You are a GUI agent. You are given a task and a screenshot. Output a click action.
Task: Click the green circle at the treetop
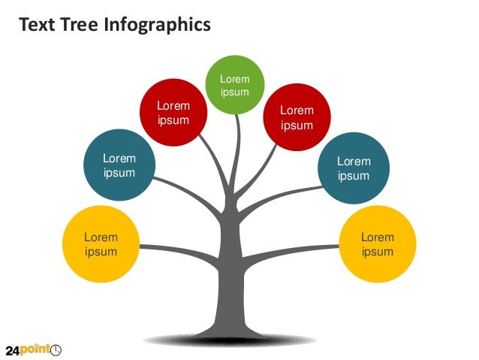pyautogui.click(x=235, y=84)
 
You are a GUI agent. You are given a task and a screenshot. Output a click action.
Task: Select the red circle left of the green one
pyautogui.click(x=173, y=113)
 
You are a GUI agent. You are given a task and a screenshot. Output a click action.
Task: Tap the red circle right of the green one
pyautogui.click(x=297, y=116)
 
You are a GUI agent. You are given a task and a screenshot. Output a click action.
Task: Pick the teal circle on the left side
pyautogui.click(x=119, y=165)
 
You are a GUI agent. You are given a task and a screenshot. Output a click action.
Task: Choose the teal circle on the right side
pyautogui.click(x=354, y=168)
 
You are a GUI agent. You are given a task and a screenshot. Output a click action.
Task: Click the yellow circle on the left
pyautogui.click(x=101, y=243)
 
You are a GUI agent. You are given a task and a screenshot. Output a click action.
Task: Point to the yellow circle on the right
pyautogui.click(x=377, y=243)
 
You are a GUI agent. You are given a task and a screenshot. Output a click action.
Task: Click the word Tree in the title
pyautogui.click(x=77, y=26)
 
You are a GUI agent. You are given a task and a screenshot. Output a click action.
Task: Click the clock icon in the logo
pyautogui.click(x=56, y=349)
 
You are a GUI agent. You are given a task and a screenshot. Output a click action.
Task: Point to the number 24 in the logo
pyautogui.click(x=13, y=350)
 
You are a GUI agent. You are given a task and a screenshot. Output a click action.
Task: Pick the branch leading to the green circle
pyautogui.click(x=238, y=147)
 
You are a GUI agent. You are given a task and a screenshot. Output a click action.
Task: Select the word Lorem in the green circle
pyautogui.click(x=234, y=79)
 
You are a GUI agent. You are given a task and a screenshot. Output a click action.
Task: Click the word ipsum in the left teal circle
pyautogui.click(x=119, y=173)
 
